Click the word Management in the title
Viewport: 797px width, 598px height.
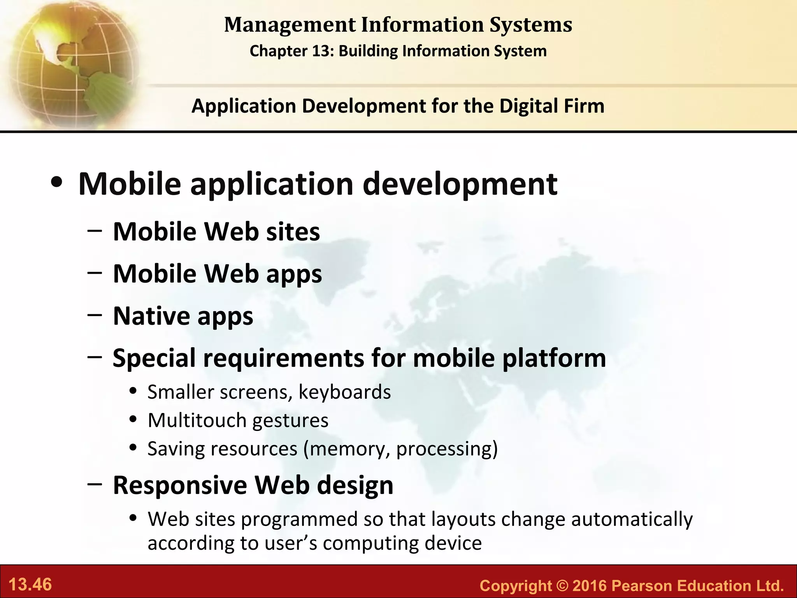point(290,25)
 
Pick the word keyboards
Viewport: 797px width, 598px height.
point(344,392)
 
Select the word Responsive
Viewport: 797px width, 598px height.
point(180,485)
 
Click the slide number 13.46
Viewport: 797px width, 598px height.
point(30,585)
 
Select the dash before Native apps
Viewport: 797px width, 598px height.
point(95,315)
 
